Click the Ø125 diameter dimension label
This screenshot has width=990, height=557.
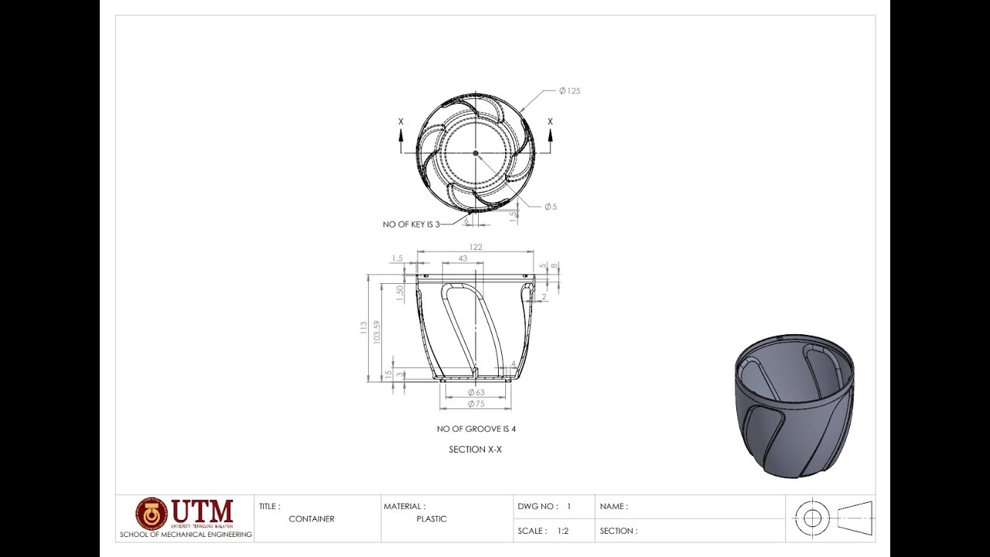pos(569,91)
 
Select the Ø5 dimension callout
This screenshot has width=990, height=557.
pos(550,207)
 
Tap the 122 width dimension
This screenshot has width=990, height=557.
pos(476,247)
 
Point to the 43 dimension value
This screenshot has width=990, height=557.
pos(463,258)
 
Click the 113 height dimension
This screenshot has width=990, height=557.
pos(364,328)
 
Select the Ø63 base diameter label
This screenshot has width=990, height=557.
pos(476,392)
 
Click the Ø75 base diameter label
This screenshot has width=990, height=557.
pos(476,404)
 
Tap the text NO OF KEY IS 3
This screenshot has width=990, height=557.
pos(411,224)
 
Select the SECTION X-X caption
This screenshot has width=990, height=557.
pos(476,449)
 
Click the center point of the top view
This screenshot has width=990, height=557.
pos(476,153)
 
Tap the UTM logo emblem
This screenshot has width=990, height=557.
pos(152,514)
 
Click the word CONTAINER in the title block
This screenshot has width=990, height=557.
pos(312,519)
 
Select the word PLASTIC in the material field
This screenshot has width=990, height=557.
pos(432,519)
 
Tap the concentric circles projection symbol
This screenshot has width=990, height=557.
pos(812,518)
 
